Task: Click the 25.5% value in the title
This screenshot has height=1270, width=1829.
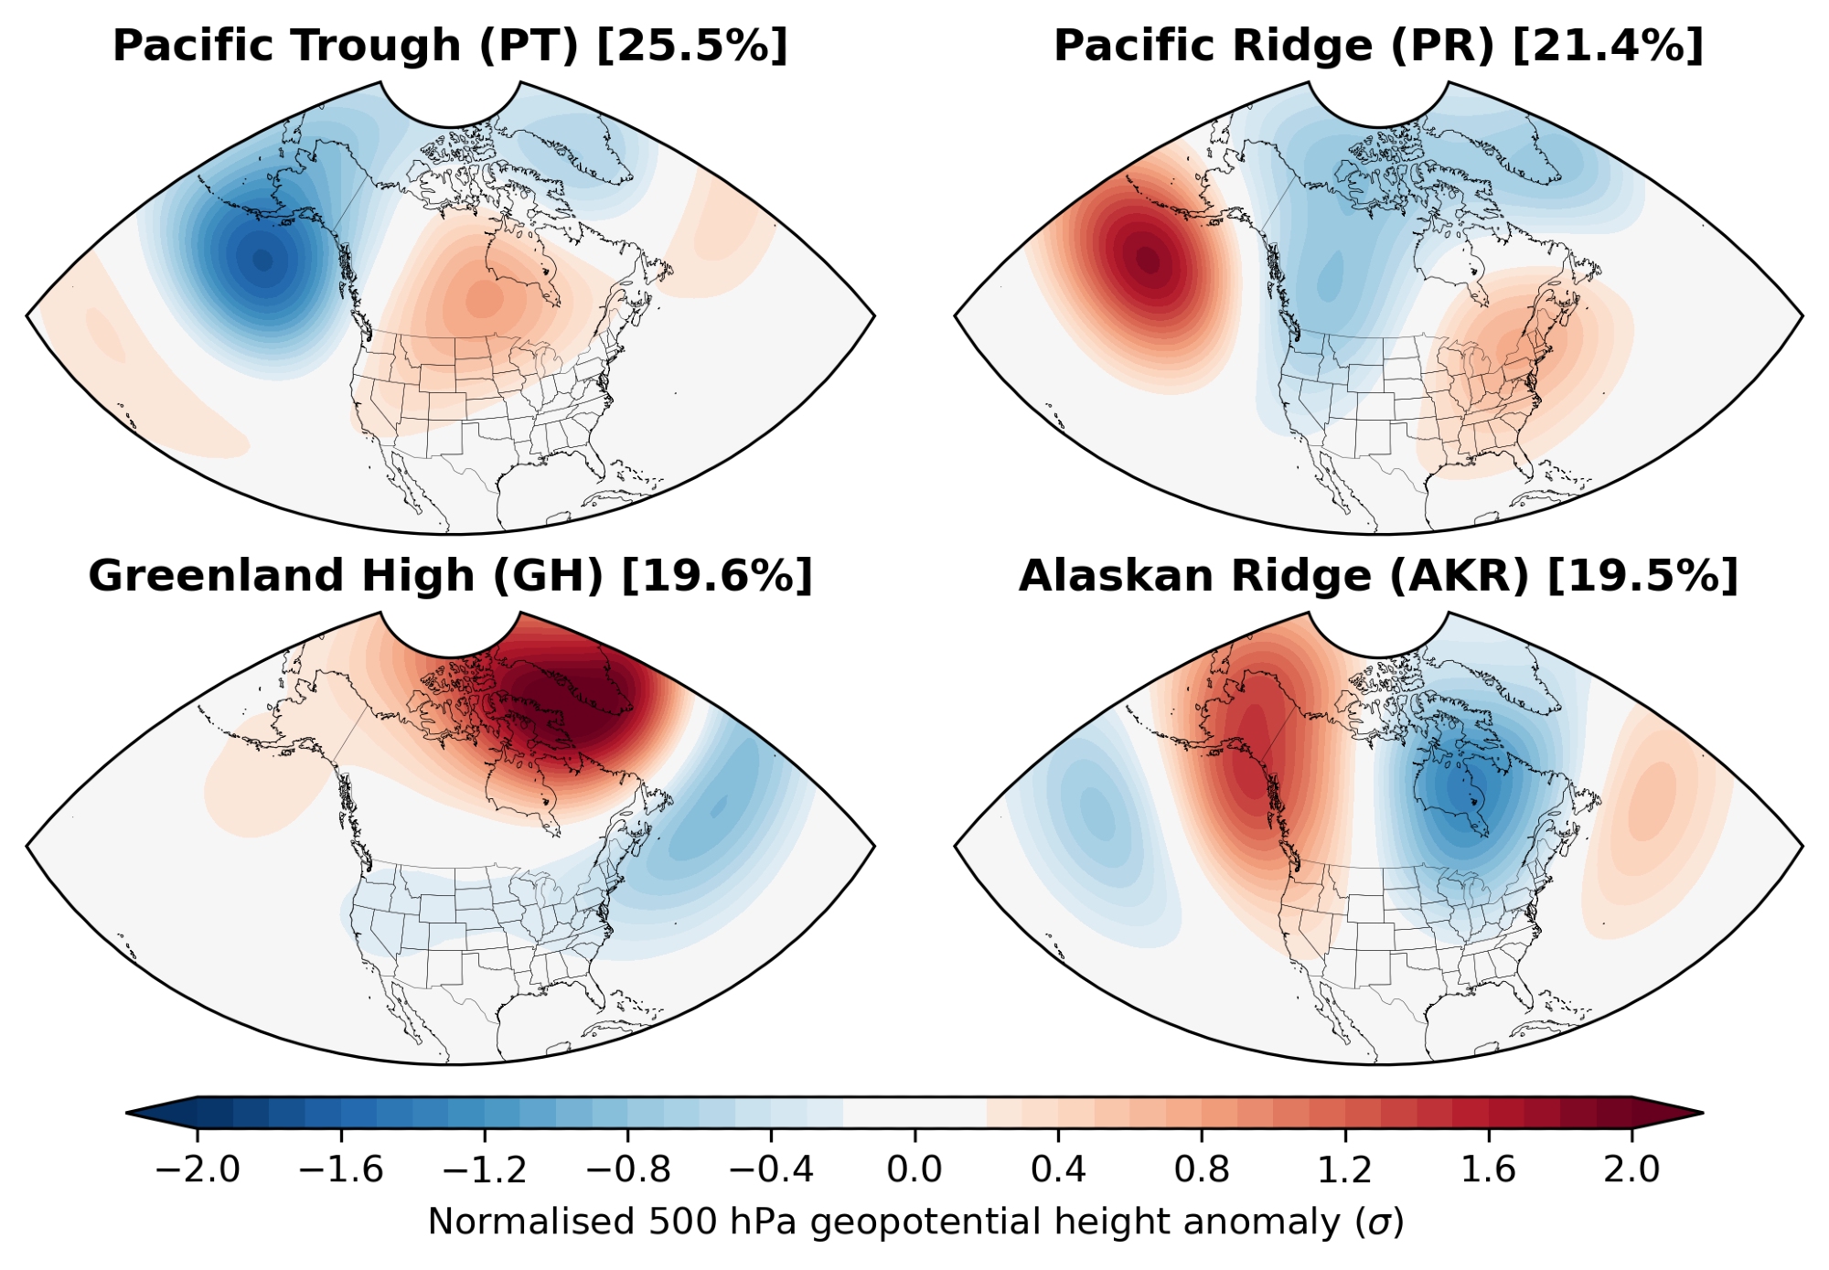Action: [x=692, y=46]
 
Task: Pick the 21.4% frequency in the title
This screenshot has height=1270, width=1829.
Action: [x=1609, y=46]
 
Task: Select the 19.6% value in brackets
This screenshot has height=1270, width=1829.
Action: [x=717, y=576]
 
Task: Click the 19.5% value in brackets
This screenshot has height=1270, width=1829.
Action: [x=1642, y=576]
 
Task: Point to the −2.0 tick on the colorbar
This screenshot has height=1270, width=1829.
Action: [x=198, y=1169]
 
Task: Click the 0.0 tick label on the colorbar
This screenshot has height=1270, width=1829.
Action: [x=914, y=1169]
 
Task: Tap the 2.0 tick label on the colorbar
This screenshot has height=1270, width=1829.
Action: [x=1631, y=1169]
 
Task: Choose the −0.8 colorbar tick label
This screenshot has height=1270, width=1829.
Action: [x=628, y=1169]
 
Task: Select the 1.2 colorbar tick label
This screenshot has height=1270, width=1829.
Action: [x=1345, y=1169]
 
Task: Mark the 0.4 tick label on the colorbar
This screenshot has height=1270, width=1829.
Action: [x=1058, y=1169]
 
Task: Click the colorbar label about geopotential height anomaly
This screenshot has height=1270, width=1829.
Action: [x=914, y=1222]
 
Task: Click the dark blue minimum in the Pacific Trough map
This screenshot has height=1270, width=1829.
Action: [x=263, y=261]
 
